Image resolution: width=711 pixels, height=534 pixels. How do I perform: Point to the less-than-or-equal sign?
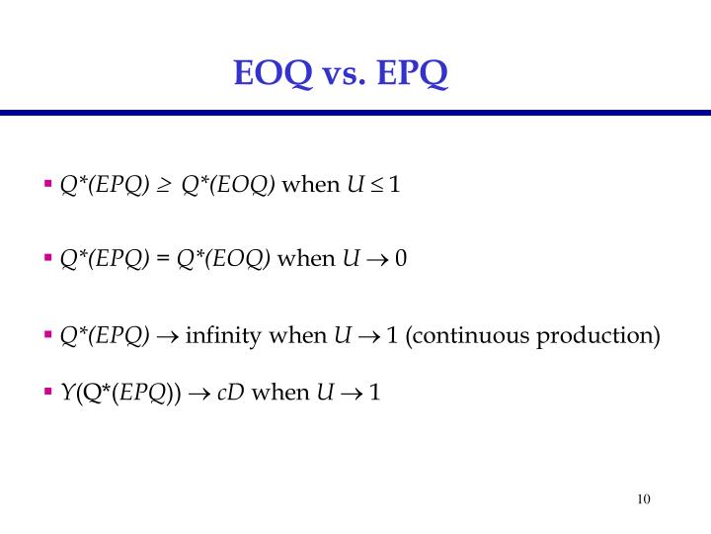376,185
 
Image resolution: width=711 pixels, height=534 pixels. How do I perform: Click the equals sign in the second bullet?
163,259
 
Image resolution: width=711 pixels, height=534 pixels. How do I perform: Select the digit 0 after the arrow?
401,259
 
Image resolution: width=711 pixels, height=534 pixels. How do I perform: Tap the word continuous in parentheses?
468,336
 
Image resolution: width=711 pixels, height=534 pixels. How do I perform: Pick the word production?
597,336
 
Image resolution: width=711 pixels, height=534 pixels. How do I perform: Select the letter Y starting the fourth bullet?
66,394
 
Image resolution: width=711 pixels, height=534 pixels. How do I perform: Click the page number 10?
644,498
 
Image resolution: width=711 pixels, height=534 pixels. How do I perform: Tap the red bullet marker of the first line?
47,184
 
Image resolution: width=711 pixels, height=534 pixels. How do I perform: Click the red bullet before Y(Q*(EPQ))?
47,393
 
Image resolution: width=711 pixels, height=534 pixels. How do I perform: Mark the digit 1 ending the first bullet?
395,185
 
